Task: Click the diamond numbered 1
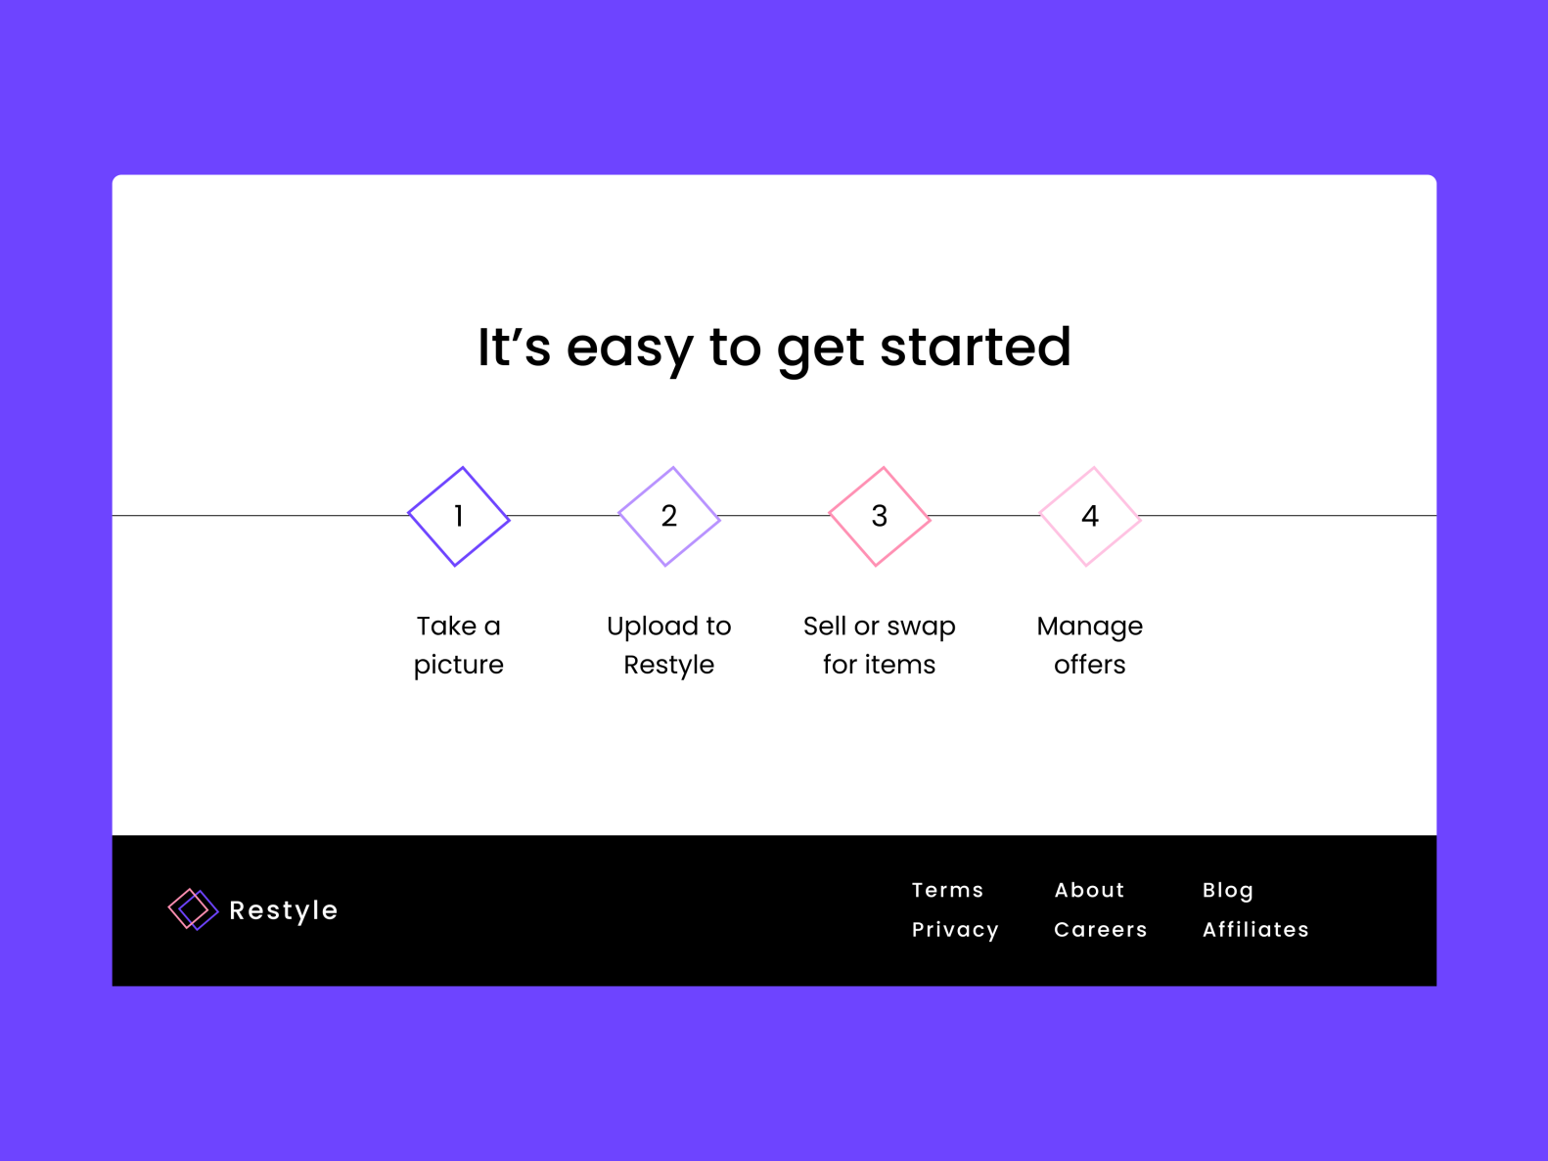458,516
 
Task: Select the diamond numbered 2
669,516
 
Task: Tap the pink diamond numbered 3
880,516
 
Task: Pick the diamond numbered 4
1090,516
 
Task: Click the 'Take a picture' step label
458,645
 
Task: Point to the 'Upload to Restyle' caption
669,645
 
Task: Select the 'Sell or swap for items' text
880,645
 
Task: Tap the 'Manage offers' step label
1090,645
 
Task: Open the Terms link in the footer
947,890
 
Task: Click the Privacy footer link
955,929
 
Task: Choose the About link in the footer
1089,890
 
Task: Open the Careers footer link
1100,929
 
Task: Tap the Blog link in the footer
1227,890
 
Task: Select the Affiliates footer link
1255,929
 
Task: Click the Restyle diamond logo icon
193,909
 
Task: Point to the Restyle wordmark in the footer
283,910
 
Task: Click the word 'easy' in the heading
629,348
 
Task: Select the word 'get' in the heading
820,348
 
